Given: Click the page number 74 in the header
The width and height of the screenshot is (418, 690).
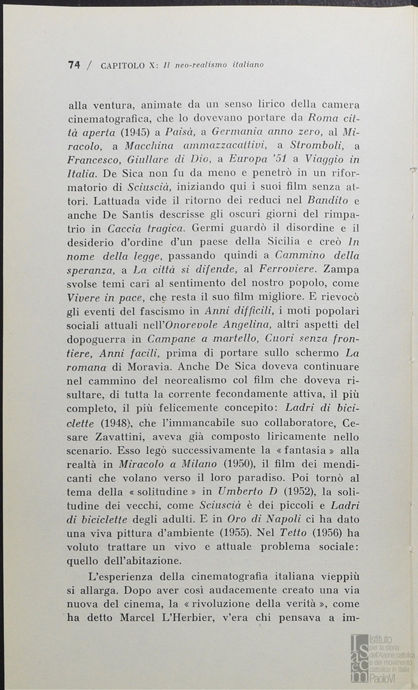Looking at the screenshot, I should (74, 65).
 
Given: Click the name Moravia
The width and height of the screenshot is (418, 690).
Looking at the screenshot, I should (148, 386).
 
